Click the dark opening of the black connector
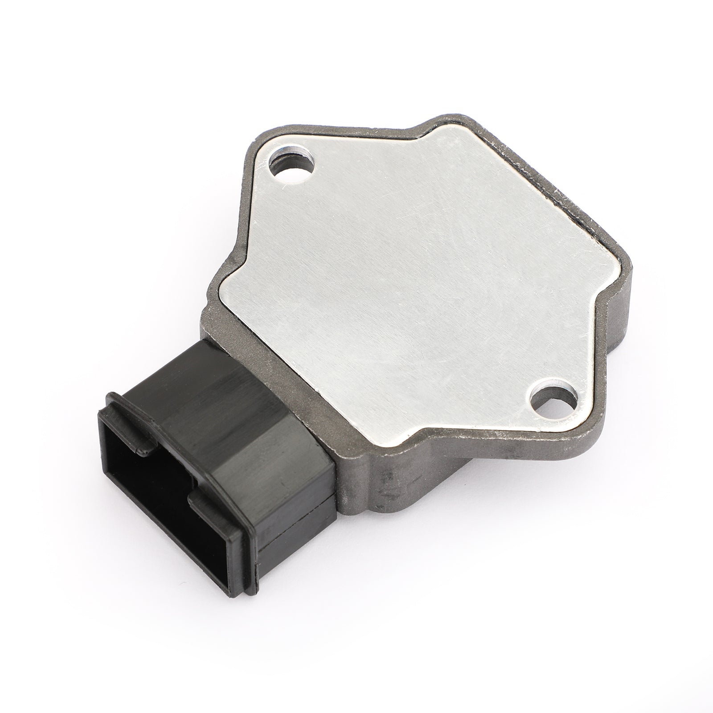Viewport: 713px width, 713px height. pyautogui.click(x=147, y=481)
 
